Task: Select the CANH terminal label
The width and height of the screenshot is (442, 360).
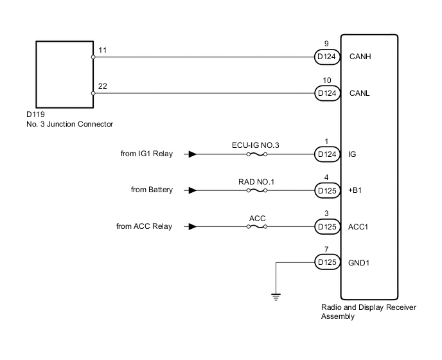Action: click(360, 57)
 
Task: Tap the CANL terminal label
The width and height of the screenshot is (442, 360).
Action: click(360, 93)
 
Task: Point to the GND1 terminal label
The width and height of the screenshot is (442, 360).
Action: click(360, 262)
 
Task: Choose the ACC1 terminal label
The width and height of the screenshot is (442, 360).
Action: click(360, 226)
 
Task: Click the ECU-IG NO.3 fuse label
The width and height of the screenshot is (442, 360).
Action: click(256, 145)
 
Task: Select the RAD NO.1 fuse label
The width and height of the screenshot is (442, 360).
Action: click(256, 181)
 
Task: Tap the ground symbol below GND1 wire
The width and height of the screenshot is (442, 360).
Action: click(276, 296)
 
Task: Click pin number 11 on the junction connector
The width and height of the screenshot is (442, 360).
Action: click(102, 50)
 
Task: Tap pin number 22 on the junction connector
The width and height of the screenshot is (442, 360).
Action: click(103, 86)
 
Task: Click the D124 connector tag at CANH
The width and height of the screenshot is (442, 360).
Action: click(326, 57)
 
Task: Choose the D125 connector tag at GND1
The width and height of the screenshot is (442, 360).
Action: click(326, 262)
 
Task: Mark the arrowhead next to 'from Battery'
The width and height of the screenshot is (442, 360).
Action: click(193, 190)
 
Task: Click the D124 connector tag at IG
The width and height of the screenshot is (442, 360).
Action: click(326, 154)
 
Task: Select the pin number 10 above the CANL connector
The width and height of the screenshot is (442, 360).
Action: click(326, 80)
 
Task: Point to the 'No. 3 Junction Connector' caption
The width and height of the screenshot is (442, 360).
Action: click(66, 124)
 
